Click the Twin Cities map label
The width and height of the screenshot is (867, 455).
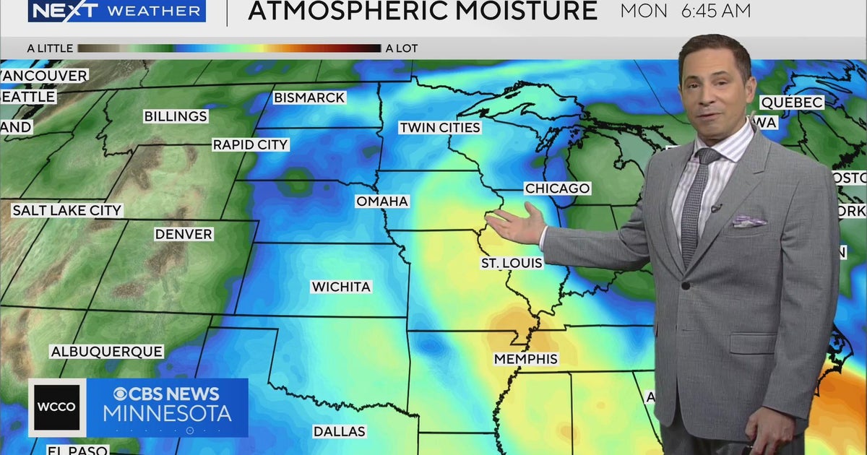(440, 128)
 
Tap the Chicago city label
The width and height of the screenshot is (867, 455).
(557, 188)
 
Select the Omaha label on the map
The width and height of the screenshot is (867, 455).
(382, 201)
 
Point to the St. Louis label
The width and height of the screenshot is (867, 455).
(512, 263)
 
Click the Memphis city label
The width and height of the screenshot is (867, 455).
(526, 359)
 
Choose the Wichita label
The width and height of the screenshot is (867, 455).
(341, 287)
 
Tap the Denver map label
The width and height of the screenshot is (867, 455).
(184, 234)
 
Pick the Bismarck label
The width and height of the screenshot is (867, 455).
(309, 97)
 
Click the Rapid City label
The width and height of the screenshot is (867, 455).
(250, 145)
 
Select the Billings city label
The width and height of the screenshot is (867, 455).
(176, 116)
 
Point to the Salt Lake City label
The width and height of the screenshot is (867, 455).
(67, 211)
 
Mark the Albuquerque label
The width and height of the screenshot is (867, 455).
(106, 352)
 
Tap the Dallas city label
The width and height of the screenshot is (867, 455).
(339, 431)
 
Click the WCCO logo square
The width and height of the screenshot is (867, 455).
(56, 407)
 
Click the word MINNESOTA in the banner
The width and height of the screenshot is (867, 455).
(168, 414)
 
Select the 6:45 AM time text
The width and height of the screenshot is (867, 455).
(715, 11)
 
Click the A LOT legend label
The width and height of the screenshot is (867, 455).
(402, 48)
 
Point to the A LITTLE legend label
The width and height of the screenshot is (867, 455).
(50, 48)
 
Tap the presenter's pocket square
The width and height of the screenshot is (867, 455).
(749, 221)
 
